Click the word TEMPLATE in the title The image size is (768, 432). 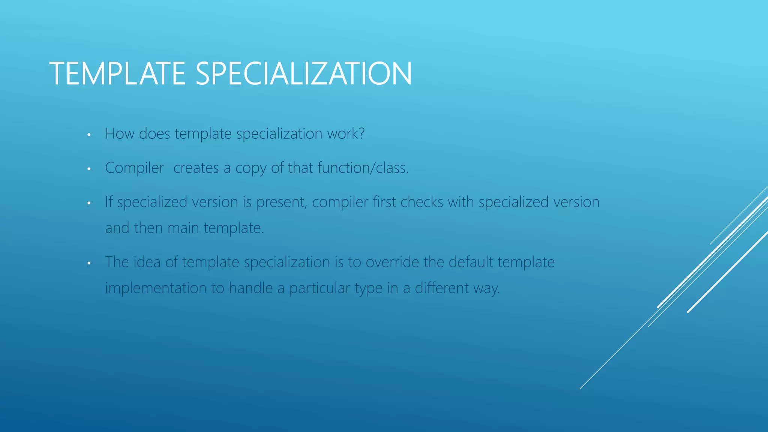117,73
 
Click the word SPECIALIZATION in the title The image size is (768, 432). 303,73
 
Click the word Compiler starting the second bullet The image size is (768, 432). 134,168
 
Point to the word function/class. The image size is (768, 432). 363,168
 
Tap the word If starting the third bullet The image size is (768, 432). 109,202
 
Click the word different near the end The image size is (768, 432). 441,288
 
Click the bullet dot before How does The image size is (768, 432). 89,135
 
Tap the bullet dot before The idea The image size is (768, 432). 89,263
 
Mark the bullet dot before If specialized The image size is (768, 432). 89,203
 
